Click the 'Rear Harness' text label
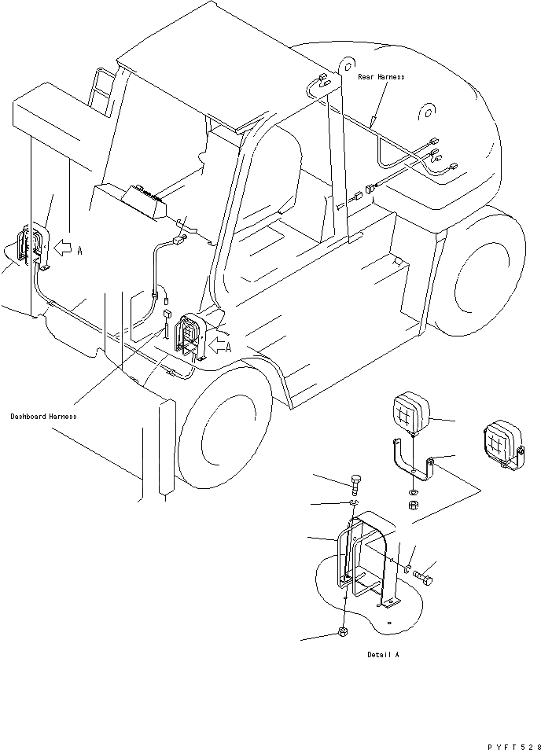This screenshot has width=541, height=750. point(381,77)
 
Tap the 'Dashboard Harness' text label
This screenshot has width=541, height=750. point(43,416)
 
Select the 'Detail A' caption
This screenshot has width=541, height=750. point(382,654)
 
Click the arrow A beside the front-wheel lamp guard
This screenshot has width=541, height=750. point(218,346)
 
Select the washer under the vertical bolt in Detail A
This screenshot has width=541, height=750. point(354,503)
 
